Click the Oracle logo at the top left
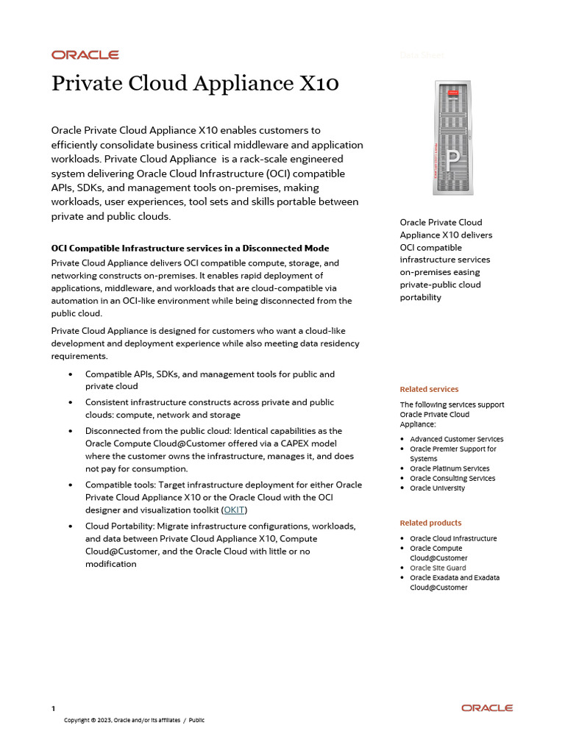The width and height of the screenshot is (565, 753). point(85,54)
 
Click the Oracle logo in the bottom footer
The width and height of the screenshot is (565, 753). point(487,707)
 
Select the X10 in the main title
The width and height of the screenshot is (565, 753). point(317,83)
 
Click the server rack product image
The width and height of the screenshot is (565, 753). point(452,138)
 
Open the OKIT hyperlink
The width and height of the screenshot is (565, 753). point(235,510)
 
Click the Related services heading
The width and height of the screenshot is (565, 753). point(429,389)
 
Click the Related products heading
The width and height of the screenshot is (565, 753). point(430,523)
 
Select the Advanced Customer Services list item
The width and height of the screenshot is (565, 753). point(456,439)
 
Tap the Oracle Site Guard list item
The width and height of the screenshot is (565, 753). point(438,568)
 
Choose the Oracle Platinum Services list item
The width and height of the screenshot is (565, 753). point(449,468)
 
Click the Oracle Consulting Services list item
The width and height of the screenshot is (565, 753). point(452,478)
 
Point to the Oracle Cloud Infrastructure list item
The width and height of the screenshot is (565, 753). point(453,538)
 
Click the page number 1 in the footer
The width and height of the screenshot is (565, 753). point(53,708)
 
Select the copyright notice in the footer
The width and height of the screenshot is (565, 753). point(134,720)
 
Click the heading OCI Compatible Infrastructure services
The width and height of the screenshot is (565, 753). point(190,249)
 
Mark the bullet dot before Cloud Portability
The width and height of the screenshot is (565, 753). point(70,527)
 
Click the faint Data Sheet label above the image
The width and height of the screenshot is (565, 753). point(422,55)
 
